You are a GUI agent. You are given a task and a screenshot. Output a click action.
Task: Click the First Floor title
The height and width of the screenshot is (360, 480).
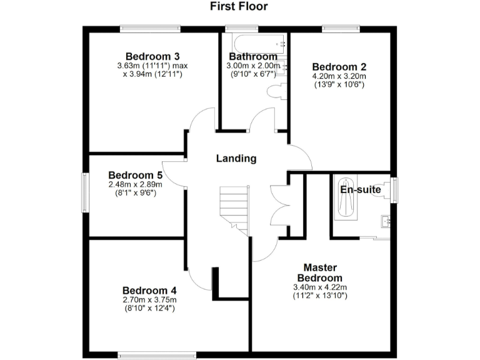click(x=239, y=7)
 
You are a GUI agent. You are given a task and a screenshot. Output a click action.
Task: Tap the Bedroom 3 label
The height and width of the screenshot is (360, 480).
click(x=149, y=56)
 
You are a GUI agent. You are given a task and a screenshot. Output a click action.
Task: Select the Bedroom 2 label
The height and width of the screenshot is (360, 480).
click(x=339, y=67)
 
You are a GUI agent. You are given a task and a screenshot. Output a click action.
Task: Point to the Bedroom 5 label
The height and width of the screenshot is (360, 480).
click(x=136, y=175)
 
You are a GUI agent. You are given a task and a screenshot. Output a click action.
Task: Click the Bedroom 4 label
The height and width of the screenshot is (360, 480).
click(x=149, y=290)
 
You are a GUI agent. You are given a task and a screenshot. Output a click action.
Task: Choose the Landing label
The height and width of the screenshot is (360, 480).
click(x=236, y=158)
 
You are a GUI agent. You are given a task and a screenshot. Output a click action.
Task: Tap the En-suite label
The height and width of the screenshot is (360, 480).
click(x=358, y=189)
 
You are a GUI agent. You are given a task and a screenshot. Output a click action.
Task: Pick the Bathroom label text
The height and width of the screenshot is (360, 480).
click(x=252, y=56)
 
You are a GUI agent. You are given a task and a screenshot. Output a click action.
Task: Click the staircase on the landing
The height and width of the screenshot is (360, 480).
click(x=235, y=210)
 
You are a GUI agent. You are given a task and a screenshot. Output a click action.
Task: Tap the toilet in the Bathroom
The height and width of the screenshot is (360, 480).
click(x=276, y=92)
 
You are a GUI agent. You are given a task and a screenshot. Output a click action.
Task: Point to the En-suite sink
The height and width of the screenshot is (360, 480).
click(x=386, y=221)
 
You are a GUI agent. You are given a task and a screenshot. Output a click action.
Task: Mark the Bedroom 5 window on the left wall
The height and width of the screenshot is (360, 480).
click(x=86, y=193)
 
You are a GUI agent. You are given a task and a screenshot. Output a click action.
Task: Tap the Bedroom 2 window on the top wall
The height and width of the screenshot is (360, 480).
click(x=341, y=28)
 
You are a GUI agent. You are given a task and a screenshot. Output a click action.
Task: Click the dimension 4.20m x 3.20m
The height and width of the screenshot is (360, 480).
click(x=339, y=77)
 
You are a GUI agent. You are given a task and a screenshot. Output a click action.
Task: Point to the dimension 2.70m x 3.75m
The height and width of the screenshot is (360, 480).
click(x=149, y=300)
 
